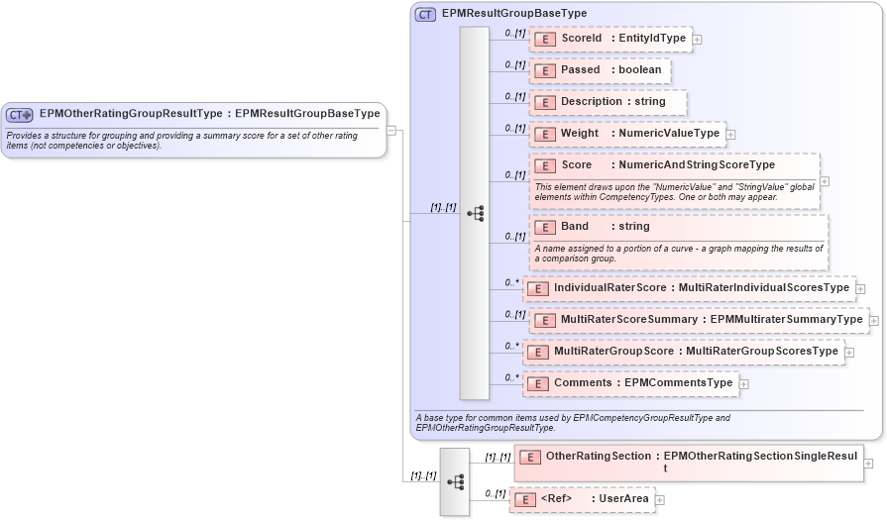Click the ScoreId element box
pos(611,39)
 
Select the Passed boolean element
pos(601,70)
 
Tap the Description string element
pos(608,102)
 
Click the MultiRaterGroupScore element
pos(683,352)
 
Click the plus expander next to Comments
pos(744,384)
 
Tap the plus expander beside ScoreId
pos(698,40)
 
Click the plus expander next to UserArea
pos(660,500)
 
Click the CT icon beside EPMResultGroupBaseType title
pos(425,14)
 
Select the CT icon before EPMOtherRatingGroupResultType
pos(20,115)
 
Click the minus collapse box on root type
pos(391,130)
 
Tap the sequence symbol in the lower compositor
pos(455,482)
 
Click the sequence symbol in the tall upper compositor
pos(475,213)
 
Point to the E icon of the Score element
pos(544,165)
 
